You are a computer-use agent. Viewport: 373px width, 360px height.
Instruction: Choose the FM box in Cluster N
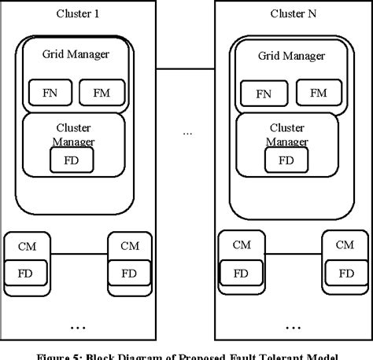pyautogui.click(x=318, y=93)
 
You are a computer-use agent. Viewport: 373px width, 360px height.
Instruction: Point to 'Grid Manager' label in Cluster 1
pyautogui.click(x=76, y=54)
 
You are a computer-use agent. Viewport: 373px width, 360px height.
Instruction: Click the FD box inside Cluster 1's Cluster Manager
pyautogui.click(x=72, y=160)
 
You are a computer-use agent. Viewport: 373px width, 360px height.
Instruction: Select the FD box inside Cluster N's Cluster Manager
pyautogui.click(x=286, y=160)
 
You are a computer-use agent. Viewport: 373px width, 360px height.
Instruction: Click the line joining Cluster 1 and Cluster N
pyautogui.click(x=185, y=69)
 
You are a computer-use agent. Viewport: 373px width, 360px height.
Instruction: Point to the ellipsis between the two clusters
pyautogui.click(x=187, y=133)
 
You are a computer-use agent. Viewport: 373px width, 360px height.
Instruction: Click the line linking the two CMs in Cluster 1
pyautogui.click(x=79, y=253)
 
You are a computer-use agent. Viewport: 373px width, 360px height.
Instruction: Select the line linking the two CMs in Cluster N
pyautogui.click(x=291, y=253)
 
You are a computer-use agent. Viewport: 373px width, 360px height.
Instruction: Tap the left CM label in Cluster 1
pyautogui.click(x=27, y=245)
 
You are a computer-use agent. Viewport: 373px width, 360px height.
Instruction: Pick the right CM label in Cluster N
pyautogui.click(x=344, y=245)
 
